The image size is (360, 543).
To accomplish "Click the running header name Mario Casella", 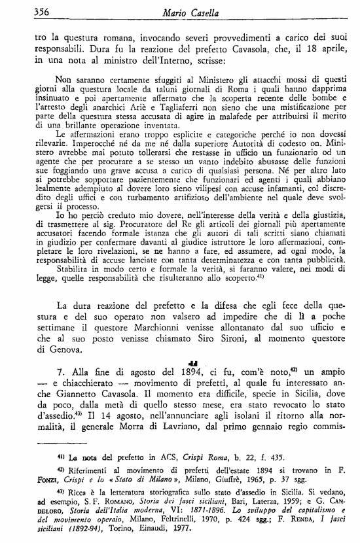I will [x=193, y=11].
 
